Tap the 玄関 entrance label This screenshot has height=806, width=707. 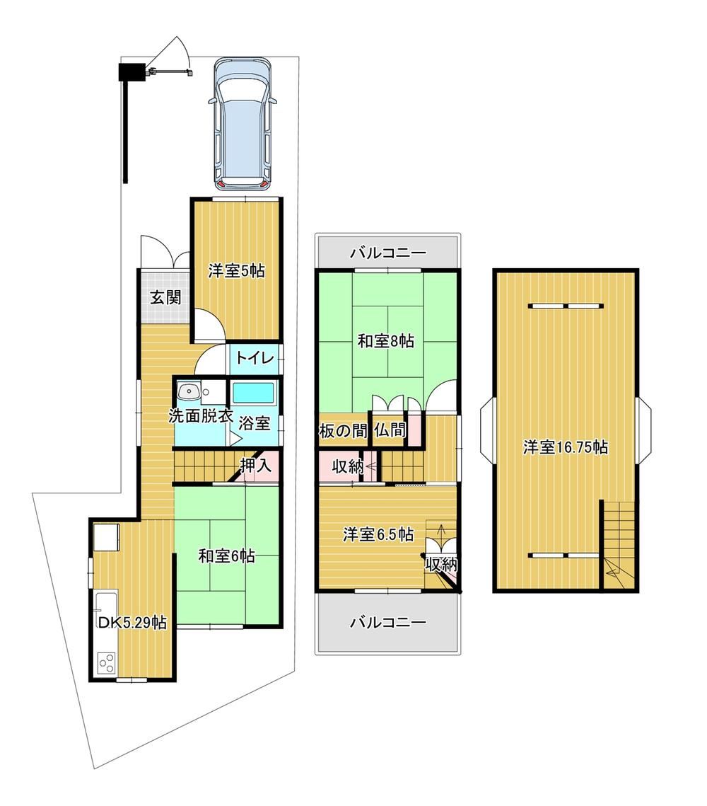click(x=165, y=297)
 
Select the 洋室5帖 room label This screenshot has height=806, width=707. click(x=236, y=271)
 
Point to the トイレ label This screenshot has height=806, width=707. click(x=255, y=357)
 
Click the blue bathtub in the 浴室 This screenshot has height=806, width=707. click(x=253, y=393)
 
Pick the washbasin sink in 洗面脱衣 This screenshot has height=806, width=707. click(x=189, y=392)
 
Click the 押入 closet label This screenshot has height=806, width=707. click(x=256, y=466)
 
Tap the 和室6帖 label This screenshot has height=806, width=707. click(x=226, y=555)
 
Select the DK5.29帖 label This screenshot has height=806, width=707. click(x=132, y=623)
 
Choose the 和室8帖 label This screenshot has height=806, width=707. click(x=385, y=341)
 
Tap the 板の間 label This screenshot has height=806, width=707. click(x=343, y=430)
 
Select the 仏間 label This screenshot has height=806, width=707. click(x=390, y=430)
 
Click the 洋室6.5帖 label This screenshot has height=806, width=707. click(x=378, y=534)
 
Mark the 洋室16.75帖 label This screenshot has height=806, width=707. click(x=566, y=447)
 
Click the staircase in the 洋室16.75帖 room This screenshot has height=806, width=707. click(x=618, y=546)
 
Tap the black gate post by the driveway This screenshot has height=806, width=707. click(x=131, y=71)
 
